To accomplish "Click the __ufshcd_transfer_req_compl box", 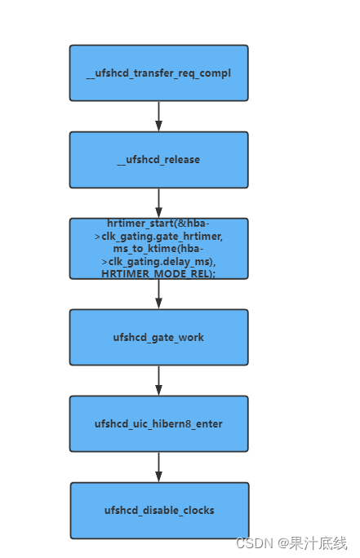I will tap(158, 73).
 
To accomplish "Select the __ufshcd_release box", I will tap(158, 160).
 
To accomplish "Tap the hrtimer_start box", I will tap(158, 248).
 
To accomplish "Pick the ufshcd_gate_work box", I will tap(158, 337).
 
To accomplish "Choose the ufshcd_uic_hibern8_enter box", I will tap(158, 423).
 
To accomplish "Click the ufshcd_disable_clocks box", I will tap(159, 510).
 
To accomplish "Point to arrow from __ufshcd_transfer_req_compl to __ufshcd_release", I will tap(158, 116).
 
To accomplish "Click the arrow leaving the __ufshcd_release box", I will tap(158, 202).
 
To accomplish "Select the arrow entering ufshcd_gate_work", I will tap(158, 294).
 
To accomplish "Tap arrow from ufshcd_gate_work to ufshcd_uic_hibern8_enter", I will tap(158, 380).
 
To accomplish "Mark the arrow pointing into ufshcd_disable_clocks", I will tap(158, 467).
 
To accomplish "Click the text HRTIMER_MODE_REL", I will tap(158, 274).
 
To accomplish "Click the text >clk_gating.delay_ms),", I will tap(158, 261).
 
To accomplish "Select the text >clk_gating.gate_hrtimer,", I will tap(158, 235).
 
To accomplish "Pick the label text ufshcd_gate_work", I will tap(158, 337).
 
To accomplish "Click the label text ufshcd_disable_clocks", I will tap(159, 511).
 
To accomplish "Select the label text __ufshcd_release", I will tap(158, 160).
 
